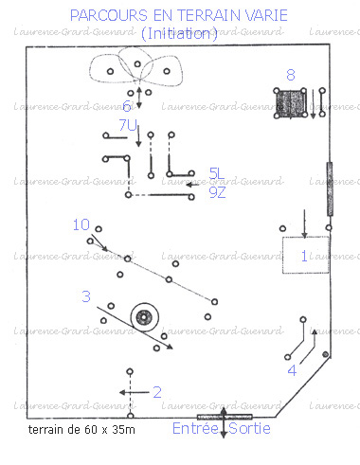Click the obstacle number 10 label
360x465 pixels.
81,224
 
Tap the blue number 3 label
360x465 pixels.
85,296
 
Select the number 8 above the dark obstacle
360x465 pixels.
291,75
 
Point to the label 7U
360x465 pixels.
128,125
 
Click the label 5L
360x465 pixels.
218,173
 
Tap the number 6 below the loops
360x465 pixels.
127,106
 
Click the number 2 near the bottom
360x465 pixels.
157,391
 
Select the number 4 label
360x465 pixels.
292,370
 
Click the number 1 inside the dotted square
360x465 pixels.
303,256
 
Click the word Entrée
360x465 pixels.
195,429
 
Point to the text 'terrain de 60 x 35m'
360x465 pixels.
82,430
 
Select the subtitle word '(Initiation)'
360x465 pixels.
179,34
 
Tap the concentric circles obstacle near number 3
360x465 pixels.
145,318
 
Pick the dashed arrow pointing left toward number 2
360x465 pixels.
133,390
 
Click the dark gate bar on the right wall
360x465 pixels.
330,188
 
